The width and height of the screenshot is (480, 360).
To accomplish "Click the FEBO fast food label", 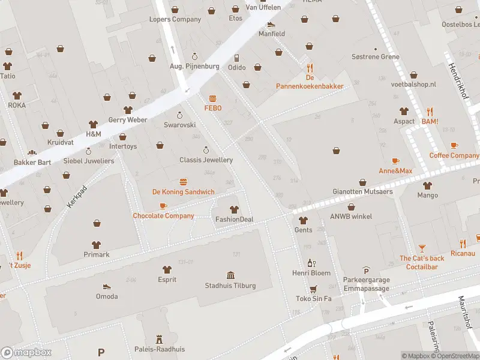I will (212, 108).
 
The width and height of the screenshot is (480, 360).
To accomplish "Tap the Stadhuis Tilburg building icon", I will (230, 275).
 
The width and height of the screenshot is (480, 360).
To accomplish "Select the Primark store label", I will (97, 254).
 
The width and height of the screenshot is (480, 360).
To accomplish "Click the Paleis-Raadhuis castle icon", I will (159, 339).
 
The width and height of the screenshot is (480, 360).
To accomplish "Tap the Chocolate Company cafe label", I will (163, 215).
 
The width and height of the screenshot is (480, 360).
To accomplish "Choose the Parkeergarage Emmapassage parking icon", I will (366, 271).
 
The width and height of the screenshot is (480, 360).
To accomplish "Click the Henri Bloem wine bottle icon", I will (311, 263).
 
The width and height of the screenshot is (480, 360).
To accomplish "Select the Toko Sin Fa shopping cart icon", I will (313, 289).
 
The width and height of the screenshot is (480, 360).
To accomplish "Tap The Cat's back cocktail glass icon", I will (422, 248).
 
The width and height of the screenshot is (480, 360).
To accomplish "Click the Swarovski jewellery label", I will (179, 125).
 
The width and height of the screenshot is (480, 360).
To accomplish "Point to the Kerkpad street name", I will (77, 197).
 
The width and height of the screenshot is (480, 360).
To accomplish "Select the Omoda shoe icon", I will (106, 286).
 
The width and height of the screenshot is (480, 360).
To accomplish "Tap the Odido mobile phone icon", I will (237, 58).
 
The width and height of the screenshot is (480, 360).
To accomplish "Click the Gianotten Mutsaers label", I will (363, 192).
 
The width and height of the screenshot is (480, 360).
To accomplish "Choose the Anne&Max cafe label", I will (395, 171).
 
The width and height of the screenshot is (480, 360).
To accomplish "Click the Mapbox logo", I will (26, 353).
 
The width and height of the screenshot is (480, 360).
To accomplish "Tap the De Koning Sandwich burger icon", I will (183, 182).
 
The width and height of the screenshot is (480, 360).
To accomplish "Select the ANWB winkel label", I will (350, 216).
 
